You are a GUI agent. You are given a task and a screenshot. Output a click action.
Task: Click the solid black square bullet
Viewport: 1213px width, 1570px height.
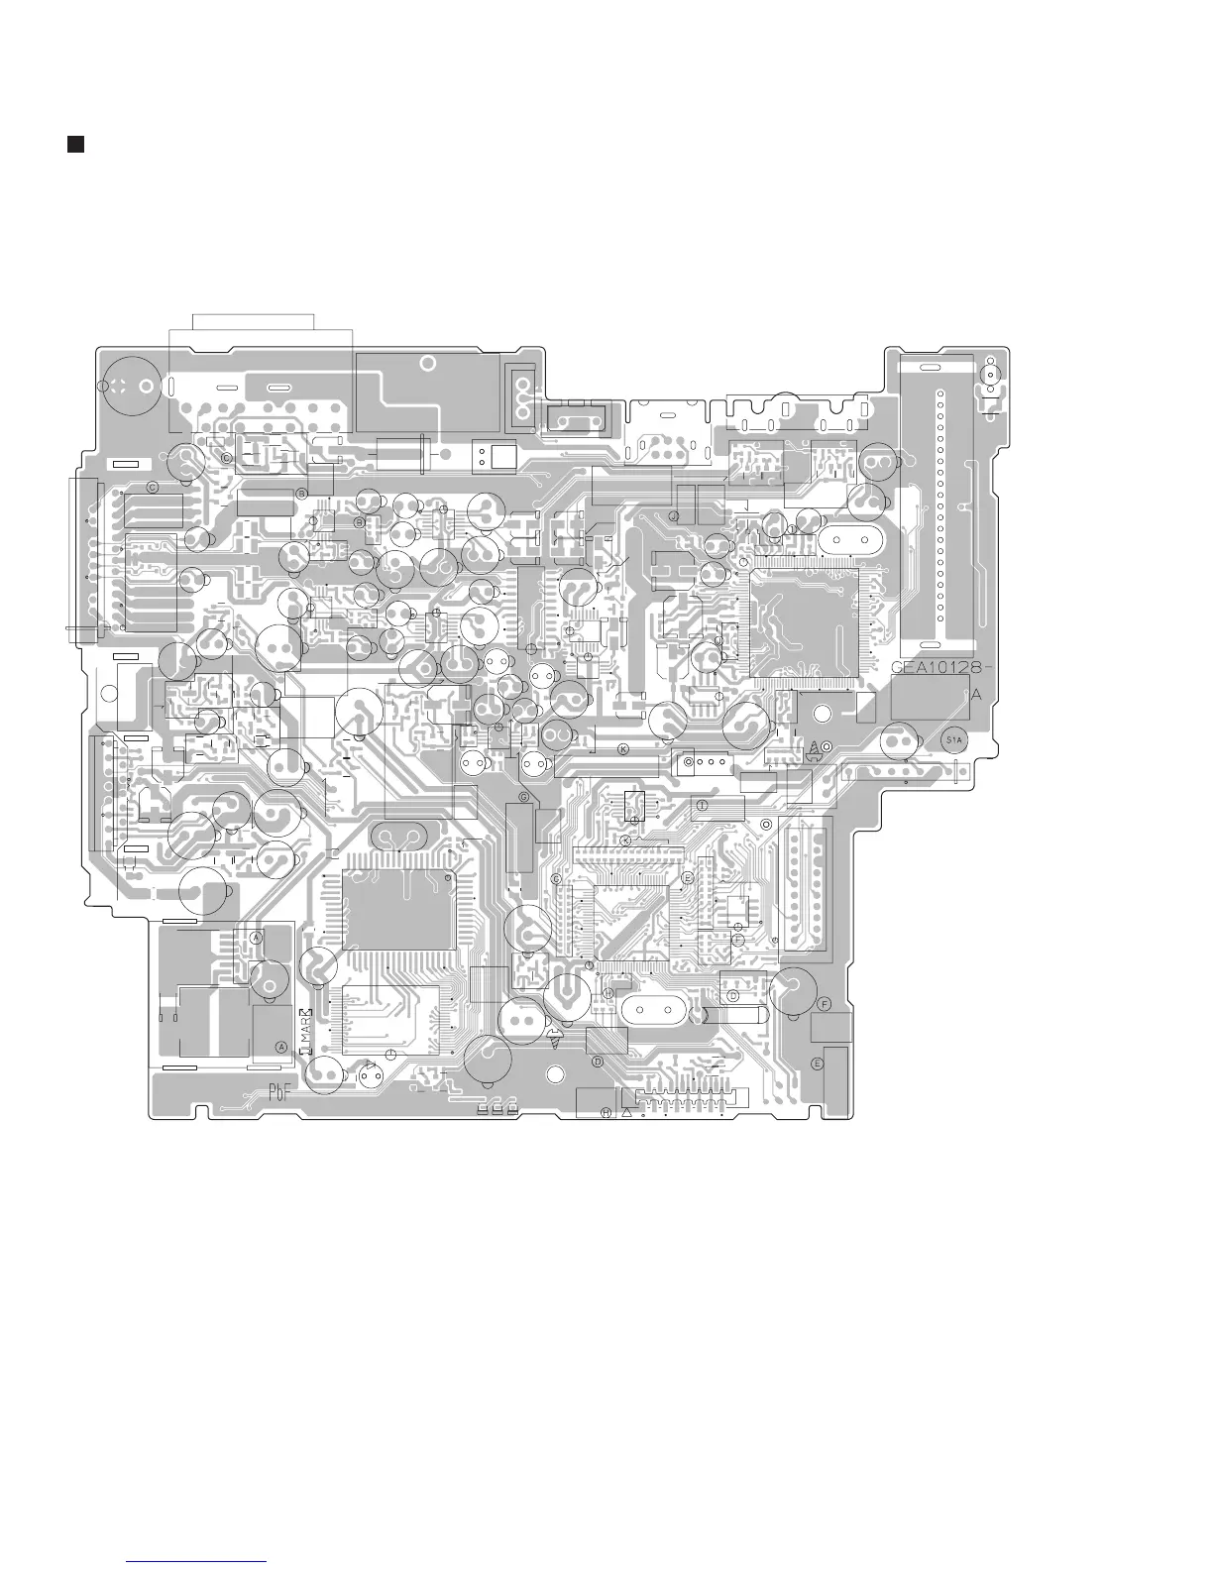point(74,145)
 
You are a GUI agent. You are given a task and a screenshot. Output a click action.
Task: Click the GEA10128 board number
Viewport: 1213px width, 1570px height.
point(935,667)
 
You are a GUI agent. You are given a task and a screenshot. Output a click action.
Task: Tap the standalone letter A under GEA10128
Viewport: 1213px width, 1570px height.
point(975,696)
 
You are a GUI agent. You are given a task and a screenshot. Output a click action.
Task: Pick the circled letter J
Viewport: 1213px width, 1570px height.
point(673,516)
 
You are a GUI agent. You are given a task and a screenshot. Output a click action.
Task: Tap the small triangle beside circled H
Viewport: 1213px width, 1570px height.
point(626,1112)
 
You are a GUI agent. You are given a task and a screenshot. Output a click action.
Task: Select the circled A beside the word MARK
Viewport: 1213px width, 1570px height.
point(280,1046)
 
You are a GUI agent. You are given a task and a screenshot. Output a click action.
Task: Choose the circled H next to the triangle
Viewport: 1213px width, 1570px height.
point(606,1112)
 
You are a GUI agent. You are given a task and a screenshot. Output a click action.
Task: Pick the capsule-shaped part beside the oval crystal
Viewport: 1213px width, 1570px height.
point(731,1016)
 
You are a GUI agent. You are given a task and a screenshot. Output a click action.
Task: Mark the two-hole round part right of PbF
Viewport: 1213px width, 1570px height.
point(371,1075)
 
